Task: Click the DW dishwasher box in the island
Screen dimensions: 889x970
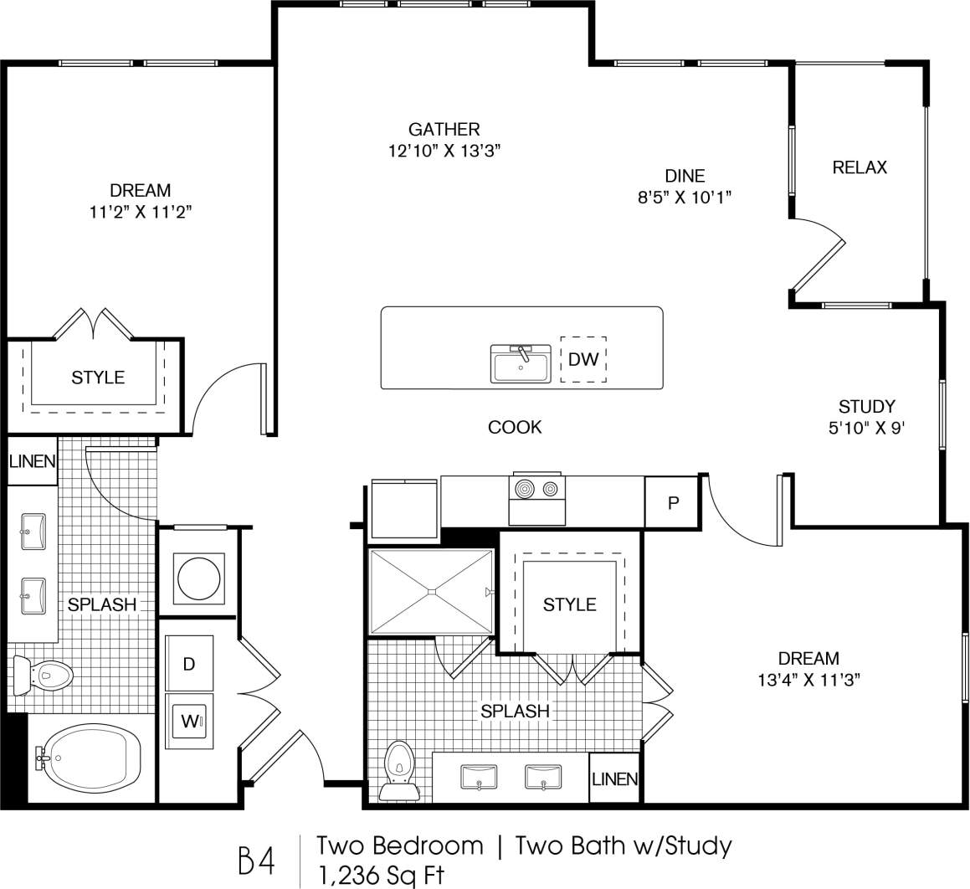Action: [x=583, y=360]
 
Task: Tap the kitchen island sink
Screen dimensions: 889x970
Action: [x=520, y=365]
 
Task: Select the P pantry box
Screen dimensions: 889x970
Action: [x=671, y=502]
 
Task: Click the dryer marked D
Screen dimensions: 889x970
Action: [x=189, y=664]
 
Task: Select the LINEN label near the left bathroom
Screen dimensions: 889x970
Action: [x=33, y=461]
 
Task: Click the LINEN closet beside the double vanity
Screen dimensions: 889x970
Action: [x=615, y=779]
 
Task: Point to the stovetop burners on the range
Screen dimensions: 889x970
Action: [x=537, y=488]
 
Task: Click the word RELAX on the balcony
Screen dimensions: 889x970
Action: [x=860, y=167]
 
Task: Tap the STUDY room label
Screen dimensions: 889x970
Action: [x=867, y=407]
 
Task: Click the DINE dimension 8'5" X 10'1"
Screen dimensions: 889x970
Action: [x=685, y=198]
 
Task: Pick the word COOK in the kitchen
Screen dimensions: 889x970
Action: [x=515, y=427]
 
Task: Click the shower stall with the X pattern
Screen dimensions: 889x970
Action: [x=431, y=592]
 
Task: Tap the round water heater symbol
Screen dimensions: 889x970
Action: [x=198, y=577]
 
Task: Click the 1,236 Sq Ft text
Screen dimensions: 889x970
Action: [x=381, y=875]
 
